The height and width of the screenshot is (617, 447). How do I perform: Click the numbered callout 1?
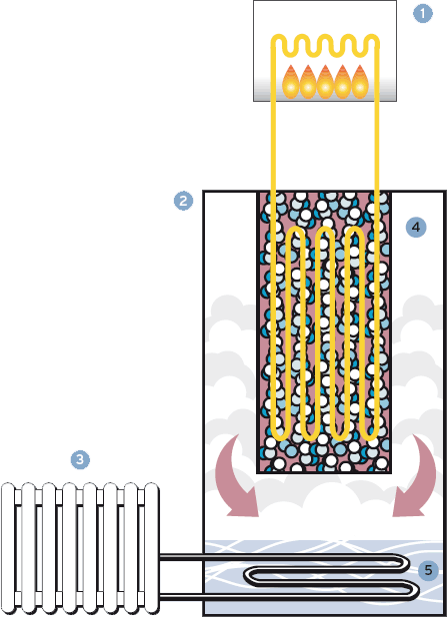pyautogui.click(x=423, y=13)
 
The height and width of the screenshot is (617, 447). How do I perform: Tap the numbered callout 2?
pyautogui.click(x=183, y=201)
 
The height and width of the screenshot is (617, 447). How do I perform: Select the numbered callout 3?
pyautogui.click(x=80, y=459)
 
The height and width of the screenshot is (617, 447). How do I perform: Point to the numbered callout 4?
pyautogui.click(x=416, y=227)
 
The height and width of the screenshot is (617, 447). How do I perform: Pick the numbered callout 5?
pyautogui.click(x=428, y=570)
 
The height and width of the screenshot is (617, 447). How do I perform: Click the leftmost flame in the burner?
pyautogui.click(x=290, y=82)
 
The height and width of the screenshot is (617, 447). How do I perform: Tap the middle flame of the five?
pyautogui.click(x=325, y=82)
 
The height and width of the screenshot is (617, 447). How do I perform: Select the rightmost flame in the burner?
pyautogui.click(x=360, y=82)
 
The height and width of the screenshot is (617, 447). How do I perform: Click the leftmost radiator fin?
pyautogui.click(x=8, y=549)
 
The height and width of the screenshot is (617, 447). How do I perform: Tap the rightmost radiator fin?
pyautogui.click(x=152, y=549)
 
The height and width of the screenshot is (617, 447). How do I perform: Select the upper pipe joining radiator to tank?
pyautogui.click(x=276, y=557)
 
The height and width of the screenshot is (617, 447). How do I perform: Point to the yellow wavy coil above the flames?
pyautogui.click(x=325, y=45)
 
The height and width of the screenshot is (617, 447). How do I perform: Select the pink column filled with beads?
pyautogui.click(x=324, y=331)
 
